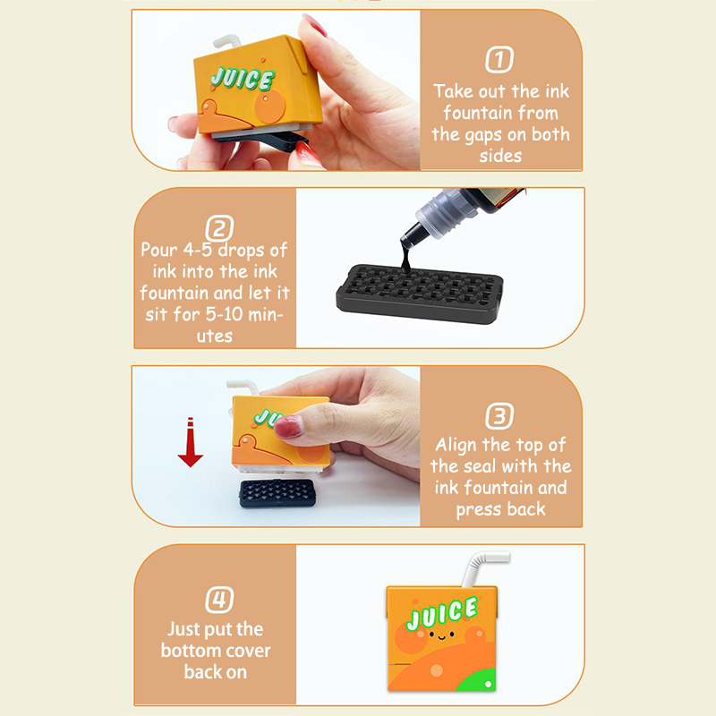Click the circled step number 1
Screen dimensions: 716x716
(x=499, y=59)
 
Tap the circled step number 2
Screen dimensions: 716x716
(x=219, y=228)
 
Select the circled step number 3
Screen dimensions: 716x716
(x=499, y=416)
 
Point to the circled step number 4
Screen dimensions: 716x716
(x=219, y=599)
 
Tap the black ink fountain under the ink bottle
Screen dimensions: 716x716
(x=420, y=294)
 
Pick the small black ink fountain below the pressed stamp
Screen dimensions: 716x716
(x=277, y=493)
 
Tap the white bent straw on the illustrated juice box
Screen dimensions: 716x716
(x=483, y=567)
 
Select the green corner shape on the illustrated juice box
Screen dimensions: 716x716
(x=477, y=681)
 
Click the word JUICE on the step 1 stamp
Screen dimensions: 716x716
(x=243, y=79)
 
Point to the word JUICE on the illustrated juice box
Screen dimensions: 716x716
(x=442, y=613)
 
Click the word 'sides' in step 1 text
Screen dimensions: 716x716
(x=500, y=156)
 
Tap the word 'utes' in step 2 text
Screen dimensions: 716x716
(x=215, y=337)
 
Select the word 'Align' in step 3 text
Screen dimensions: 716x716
(x=456, y=445)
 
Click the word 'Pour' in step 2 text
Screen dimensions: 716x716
(x=159, y=250)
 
